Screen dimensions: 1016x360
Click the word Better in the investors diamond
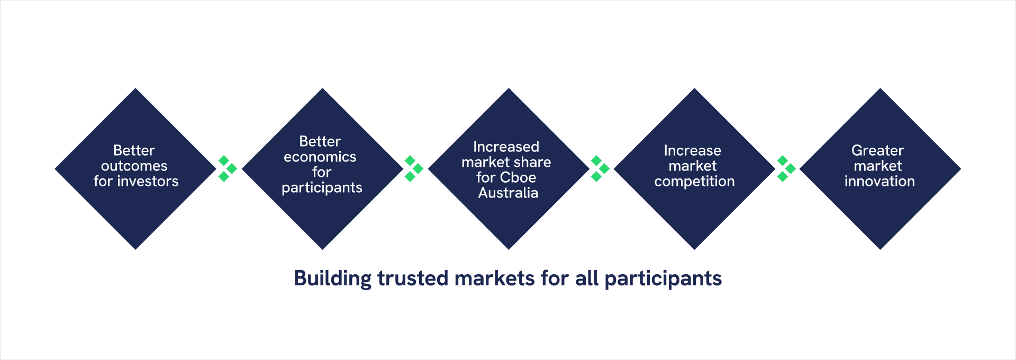[x=134, y=150]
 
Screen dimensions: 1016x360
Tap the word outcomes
[x=134, y=166]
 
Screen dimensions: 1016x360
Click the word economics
[x=320, y=157]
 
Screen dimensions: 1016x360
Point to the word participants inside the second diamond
[x=322, y=188]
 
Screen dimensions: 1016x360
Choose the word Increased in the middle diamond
[x=506, y=147]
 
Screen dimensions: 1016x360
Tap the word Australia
[x=508, y=193]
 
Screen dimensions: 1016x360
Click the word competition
[x=694, y=182]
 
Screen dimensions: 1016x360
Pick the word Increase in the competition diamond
[x=692, y=150]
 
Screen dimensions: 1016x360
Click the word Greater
[x=877, y=150]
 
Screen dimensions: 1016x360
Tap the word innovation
[x=879, y=181]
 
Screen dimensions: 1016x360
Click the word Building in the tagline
[x=333, y=278]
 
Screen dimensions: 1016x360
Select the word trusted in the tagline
[x=413, y=278]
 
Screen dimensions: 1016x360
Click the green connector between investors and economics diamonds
[x=228, y=168]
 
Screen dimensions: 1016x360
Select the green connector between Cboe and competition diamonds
[x=600, y=168]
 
